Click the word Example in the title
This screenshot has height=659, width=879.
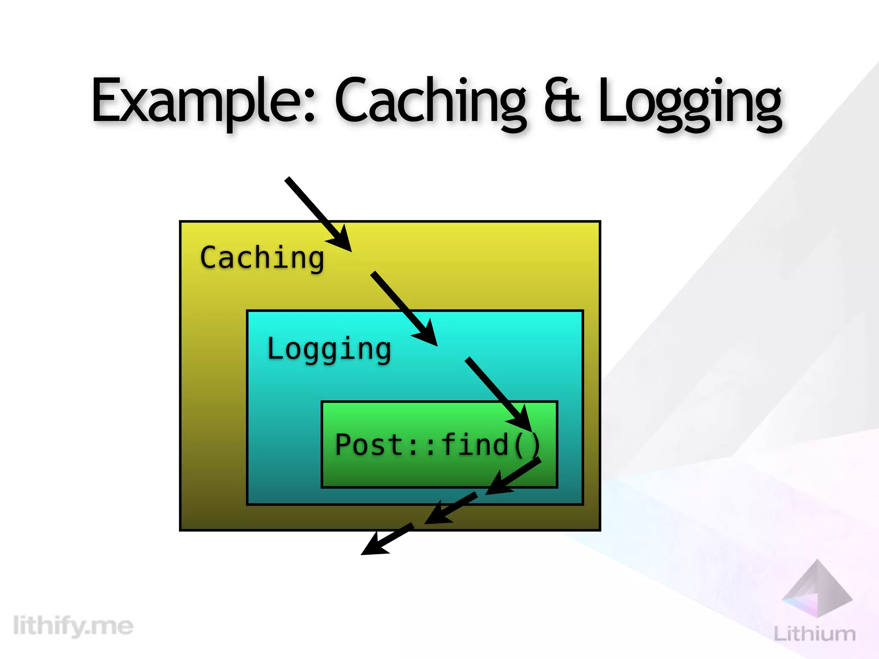coord(204,101)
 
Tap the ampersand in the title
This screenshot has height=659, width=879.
coord(562,100)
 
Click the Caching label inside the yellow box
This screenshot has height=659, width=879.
coord(262,258)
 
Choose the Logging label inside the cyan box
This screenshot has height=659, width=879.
coord(329,349)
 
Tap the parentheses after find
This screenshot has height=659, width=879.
coord(527,445)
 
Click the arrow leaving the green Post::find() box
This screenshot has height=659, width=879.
coord(513,476)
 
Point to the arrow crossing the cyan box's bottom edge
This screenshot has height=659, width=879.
coord(451,508)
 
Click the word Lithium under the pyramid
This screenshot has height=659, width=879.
coord(814,634)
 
